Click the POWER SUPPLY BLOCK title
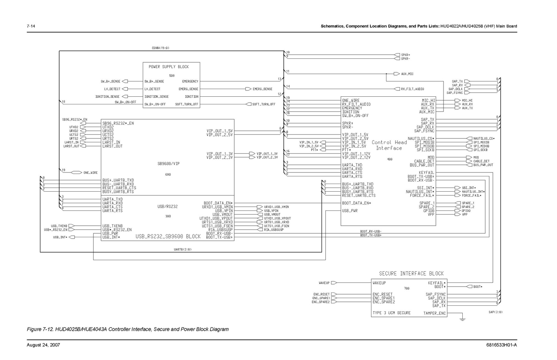pyautogui.click(x=169, y=67)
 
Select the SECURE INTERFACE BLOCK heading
pyautogui.click(x=411, y=273)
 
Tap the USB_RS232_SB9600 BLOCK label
pyautogui.click(x=168, y=237)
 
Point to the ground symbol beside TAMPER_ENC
pyautogui.click(x=462, y=318)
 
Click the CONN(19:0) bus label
pyautogui.click(x=160, y=48)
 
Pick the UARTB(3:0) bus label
pyautogui.click(x=182, y=249)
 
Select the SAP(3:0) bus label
pyautogui.click(x=495, y=312)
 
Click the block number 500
pyautogui.click(x=172, y=75)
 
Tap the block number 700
pyautogui.click(x=407, y=288)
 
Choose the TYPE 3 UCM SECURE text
pyautogui.click(x=392, y=313)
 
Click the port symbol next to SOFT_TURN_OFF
pyautogui.click(x=249, y=104)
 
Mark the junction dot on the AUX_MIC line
pyautogui.click(x=386, y=74)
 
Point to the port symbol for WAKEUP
pyautogui.click(x=333, y=283)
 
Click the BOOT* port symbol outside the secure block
pyautogui.click(x=469, y=287)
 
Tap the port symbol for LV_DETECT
pyautogui.click(x=125, y=89)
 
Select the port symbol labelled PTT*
pyautogui.click(x=323, y=150)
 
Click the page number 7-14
pyautogui.click(x=31, y=26)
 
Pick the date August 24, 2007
pyautogui.click(x=44, y=345)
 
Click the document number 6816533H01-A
pyautogui.click(x=502, y=345)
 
